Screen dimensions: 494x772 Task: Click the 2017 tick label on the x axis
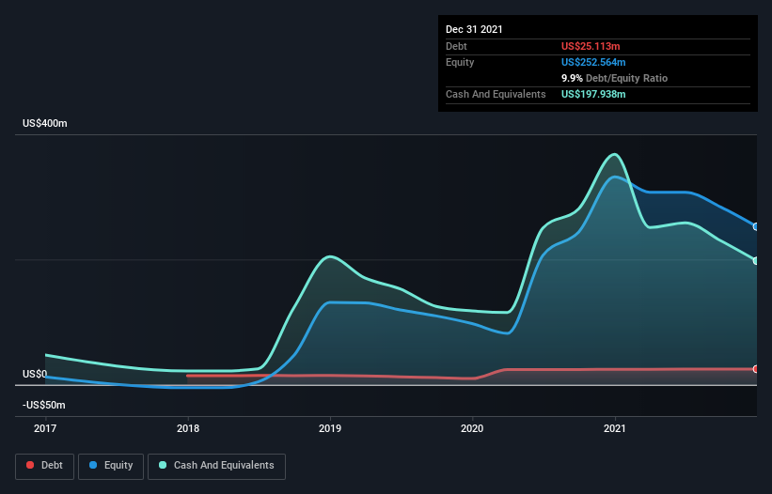click(x=45, y=428)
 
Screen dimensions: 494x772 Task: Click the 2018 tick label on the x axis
click(x=188, y=428)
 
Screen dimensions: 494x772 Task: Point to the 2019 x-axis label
click(x=330, y=428)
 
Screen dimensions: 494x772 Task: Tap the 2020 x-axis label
click(x=472, y=428)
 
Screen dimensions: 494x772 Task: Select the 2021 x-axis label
click(x=615, y=428)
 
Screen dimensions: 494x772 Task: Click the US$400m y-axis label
click(x=45, y=124)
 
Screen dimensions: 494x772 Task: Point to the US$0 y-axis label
click(x=35, y=374)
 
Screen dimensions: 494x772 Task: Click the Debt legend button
click(x=45, y=466)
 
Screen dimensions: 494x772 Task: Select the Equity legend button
click(x=112, y=466)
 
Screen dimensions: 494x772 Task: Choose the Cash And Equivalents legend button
click(x=216, y=466)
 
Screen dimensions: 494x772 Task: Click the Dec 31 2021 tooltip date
click(x=474, y=29)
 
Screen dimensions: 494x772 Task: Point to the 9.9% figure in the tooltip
click(x=573, y=78)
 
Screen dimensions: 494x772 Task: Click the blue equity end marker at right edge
click(x=756, y=226)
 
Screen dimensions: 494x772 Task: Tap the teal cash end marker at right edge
click(x=756, y=261)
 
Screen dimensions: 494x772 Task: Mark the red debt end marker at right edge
click(x=756, y=369)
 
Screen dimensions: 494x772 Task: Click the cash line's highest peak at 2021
click(x=615, y=154)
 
